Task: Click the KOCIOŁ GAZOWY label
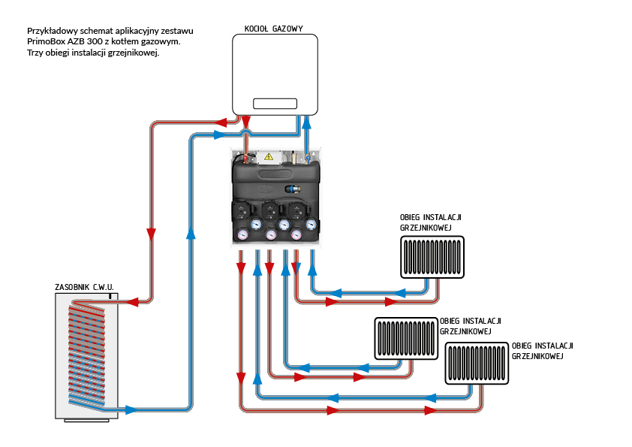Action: pyautogui.click(x=274, y=29)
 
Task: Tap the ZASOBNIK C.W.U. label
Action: pyautogui.click(x=85, y=287)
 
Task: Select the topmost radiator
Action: pyautogui.click(x=431, y=258)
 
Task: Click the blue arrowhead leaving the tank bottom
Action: pyautogui.click(x=131, y=409)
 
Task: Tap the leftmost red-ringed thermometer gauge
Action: pyautogui.click(x=243, y=234)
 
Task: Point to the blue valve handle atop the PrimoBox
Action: pyautogui.click(x=307, y=158)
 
